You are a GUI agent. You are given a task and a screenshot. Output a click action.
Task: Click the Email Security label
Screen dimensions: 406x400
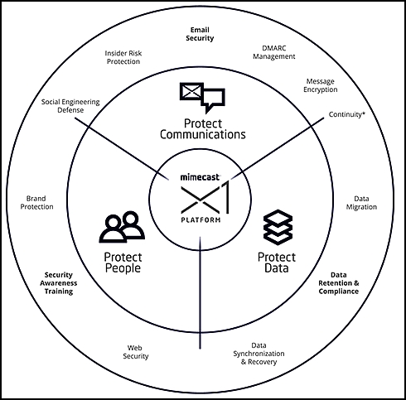(200, 34)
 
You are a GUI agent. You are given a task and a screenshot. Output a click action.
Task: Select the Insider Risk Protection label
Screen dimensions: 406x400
(123, 57)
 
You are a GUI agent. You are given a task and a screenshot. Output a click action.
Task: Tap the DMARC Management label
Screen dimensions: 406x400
(274, 52)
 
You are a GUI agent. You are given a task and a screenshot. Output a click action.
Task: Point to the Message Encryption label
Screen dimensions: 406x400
(321, 85)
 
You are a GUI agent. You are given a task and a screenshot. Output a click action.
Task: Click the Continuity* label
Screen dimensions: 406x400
(346, 114)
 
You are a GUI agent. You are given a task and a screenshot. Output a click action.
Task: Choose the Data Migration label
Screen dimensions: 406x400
(361, 203)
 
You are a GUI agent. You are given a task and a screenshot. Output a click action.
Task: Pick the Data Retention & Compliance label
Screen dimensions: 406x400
(339, 283)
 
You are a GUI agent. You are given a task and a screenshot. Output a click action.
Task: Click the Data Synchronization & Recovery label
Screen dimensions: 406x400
(259, 354)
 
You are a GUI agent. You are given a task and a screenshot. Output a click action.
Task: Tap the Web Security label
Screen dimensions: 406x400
(135, 352)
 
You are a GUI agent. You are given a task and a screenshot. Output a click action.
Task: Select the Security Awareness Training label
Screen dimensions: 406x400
(59, 283)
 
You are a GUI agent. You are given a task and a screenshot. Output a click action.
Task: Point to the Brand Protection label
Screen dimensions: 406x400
(36, 203)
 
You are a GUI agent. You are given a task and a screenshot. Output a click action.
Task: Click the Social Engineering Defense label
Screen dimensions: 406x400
(70, 106)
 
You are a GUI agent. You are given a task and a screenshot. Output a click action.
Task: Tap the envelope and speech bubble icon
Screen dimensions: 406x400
(202, 98)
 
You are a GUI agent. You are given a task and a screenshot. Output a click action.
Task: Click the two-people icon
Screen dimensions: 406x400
(122, 227)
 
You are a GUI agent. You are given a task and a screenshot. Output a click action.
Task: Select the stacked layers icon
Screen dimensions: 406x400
(278, 228)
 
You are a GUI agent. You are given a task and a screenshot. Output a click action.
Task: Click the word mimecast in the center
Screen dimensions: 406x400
(201, 177)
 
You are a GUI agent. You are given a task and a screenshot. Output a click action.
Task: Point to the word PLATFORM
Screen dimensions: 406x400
(201, 220)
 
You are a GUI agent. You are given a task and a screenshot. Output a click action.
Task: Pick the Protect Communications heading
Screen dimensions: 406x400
(203, 129)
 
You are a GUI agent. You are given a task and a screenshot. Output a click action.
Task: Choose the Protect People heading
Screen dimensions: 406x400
(123, 263)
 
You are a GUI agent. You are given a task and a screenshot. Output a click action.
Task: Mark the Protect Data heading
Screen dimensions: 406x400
(277, 263)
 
